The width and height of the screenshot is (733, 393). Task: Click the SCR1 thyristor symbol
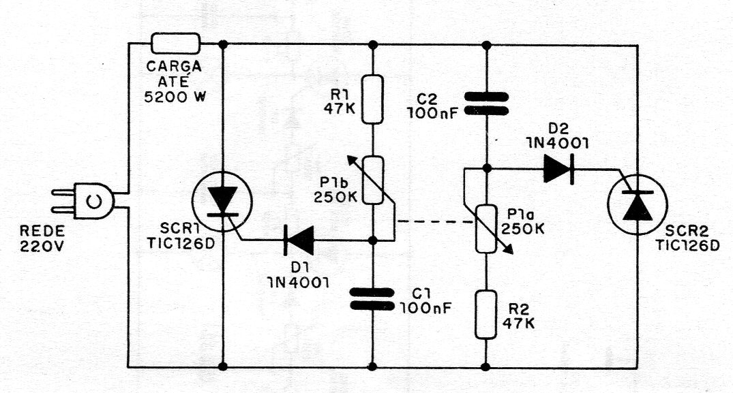tap(222, 202)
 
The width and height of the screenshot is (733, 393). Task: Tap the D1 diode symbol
tap(299, 240)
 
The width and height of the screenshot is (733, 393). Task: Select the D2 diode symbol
tap(558, 168)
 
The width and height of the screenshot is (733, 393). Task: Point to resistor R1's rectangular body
tap(373, 99)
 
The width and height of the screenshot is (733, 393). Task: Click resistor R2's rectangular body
tap(486, 315)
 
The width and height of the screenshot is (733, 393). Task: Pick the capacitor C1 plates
tap(372, 299)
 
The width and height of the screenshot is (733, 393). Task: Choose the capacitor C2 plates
tap(486, 104)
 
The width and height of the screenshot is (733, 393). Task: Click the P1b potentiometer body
tap(373, 180)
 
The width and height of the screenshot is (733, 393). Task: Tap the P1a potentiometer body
tap(486, 229)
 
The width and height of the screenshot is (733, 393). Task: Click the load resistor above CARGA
tap(176, 44)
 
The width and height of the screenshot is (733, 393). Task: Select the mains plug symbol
tap(83, 201)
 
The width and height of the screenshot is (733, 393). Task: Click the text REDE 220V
tap(42, 238)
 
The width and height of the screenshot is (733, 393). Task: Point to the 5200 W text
tap(175, 97)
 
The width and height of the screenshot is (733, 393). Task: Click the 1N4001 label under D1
tap(298, 283)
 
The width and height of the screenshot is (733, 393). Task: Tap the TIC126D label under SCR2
tap(687, 245)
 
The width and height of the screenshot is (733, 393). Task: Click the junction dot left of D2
tap(486, 168)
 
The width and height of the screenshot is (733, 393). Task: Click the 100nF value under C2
tap(432, 114)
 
